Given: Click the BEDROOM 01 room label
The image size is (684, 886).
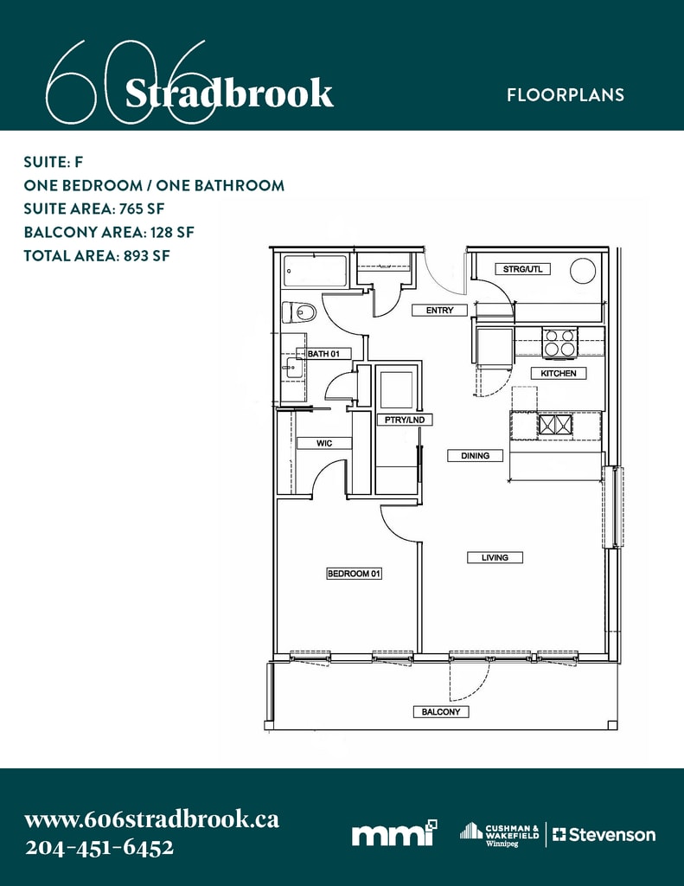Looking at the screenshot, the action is (355, 574).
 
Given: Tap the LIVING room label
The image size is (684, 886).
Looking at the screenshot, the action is (495, 558).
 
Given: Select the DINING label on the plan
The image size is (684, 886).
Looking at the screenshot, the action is (475, 455).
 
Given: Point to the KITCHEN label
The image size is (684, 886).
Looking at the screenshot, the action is (559, 374).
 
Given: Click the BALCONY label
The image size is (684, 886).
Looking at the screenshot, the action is (441, 712).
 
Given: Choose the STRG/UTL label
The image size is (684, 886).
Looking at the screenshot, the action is (522, 269).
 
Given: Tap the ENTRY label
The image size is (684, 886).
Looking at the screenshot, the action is (440, 311).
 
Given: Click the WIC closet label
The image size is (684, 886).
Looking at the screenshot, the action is (324, 444).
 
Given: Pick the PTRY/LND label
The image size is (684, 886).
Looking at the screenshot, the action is (405, 420).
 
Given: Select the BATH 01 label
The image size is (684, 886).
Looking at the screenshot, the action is (323, 354).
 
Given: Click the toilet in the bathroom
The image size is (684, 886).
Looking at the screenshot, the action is (300, 312).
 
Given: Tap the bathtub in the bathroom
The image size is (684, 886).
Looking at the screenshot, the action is (315, 273).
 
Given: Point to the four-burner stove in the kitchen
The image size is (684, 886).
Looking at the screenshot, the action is (559, 343).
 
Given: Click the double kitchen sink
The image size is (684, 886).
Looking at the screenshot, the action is (555, 424).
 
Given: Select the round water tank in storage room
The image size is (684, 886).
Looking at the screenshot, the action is (583, 271).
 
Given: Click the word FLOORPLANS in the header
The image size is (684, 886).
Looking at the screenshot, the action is (566, 94).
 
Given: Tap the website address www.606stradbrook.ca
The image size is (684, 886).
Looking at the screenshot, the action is (152, 819).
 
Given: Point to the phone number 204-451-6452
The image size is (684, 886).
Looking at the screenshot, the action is (99, 848).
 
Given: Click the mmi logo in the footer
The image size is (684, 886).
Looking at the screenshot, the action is (394, 833).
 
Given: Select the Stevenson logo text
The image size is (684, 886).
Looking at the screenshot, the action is (604, 835).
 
